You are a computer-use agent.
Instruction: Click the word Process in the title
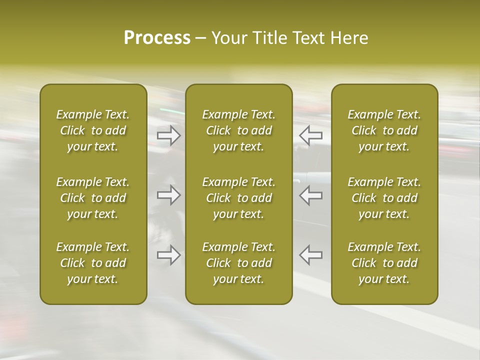157,38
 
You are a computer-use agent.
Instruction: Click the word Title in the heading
268,38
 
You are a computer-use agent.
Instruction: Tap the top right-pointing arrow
169,135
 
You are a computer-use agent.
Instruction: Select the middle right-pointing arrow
169,195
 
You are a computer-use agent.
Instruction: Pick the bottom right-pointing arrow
169,255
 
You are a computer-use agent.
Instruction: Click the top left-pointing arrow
311,135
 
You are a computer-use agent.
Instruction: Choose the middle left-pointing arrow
311,195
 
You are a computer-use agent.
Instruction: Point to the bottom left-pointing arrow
311,255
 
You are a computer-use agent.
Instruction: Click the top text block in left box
93,130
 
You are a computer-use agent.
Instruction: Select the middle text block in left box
93,198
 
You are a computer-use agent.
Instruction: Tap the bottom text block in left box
93,263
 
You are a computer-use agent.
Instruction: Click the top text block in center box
239,130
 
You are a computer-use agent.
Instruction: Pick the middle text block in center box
239,198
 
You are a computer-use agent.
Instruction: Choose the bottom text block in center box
239,263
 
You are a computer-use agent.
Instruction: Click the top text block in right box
384,130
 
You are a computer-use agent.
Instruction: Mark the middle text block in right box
384,198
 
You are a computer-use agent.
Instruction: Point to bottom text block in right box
384,263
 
